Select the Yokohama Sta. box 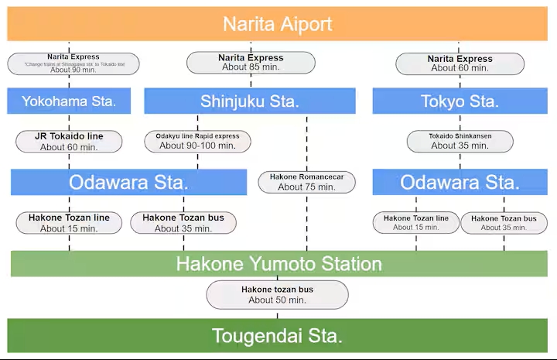pyautogui.click(x=69, y=101)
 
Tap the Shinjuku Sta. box pyautogui.click(x=249, y=101)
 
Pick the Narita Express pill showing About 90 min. pyautogui.click(x=73, y=63)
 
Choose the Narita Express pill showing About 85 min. pyautogui.click(x=251, y=63)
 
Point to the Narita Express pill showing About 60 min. pyautogui.click(x=460, y=63)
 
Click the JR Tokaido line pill pyautogui.click(x=69, y=142)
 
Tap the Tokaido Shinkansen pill pyautogui.click(x=460, y=141)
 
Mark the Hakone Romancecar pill pyautogui.click(x=306, y=182)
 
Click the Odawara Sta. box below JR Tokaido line pyautogui.click(x=128, y=183)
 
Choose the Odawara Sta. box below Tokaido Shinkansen pyautogui.click(x=460, y=183)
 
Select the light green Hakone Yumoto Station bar pyautogui.click(x=278, y=264)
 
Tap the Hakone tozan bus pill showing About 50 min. pyautogui.click(x=277, y=295)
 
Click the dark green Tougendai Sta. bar pyautogui.click(x=277, y=336)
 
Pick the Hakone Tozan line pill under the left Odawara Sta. pyautogui.click(x=69, y=223)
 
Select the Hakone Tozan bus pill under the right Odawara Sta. pyautogui.click(x=504, y=223)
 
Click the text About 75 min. pyautogui.click(x=306, y=187)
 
